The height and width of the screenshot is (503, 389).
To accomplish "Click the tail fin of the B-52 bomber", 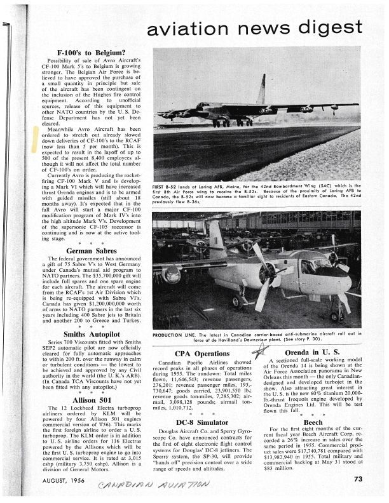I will tap(262, 89).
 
